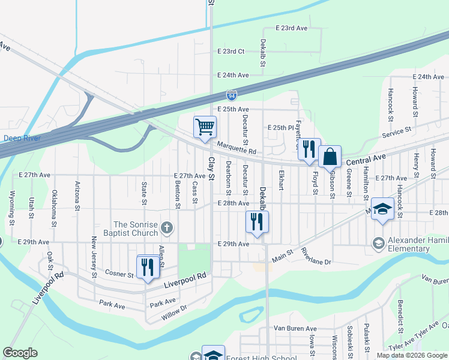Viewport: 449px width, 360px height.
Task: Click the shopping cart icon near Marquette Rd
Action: click(205, 128)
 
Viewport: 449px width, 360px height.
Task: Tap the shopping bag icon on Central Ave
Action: click(330, 157)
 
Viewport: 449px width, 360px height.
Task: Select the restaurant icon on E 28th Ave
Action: click(257, 222)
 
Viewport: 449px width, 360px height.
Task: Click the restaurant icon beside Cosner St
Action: click(148, 267)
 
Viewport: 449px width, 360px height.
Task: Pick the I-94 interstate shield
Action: click(232, 95)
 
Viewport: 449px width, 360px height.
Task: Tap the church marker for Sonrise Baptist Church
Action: click(167, 228)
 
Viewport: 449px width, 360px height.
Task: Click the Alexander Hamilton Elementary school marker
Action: click(378, 243)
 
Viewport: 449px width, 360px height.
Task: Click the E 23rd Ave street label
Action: click(292, 28)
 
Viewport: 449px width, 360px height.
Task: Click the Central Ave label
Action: click(366, 159)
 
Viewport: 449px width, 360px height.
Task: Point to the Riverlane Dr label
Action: click(316, 256)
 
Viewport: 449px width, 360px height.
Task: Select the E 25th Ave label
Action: click(233, 109)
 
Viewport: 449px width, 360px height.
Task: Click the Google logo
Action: click(20, 353)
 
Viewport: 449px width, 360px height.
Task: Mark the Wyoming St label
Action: click(11, 205)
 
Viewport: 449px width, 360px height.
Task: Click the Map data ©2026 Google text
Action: click(411, 355)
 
